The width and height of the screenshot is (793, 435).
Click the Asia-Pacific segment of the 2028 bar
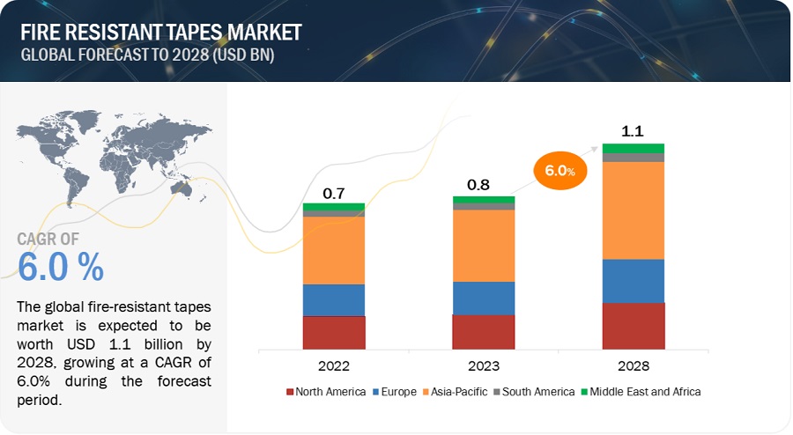[x=634, y=210]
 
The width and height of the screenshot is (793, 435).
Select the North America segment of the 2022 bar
[x=334, y=333]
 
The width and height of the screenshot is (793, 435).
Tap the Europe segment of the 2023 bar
[x=484, y=298]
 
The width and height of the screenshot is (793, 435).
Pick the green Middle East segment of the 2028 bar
[x=634, y=148]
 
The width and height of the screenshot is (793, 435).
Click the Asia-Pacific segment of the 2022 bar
[x=334, y=250]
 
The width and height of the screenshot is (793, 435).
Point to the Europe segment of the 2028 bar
[x=634, y=281]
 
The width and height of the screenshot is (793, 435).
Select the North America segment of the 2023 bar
[x=484, y=332]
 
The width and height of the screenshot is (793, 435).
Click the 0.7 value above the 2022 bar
[x=333, y=193]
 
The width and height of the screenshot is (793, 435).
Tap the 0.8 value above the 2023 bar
[x=484, y=186]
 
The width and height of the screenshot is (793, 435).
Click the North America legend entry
[x=326, y=391]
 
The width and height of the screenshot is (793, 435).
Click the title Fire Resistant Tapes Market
[x=162, y=33]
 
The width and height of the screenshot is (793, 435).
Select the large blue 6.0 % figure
[x=61, y=265]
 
